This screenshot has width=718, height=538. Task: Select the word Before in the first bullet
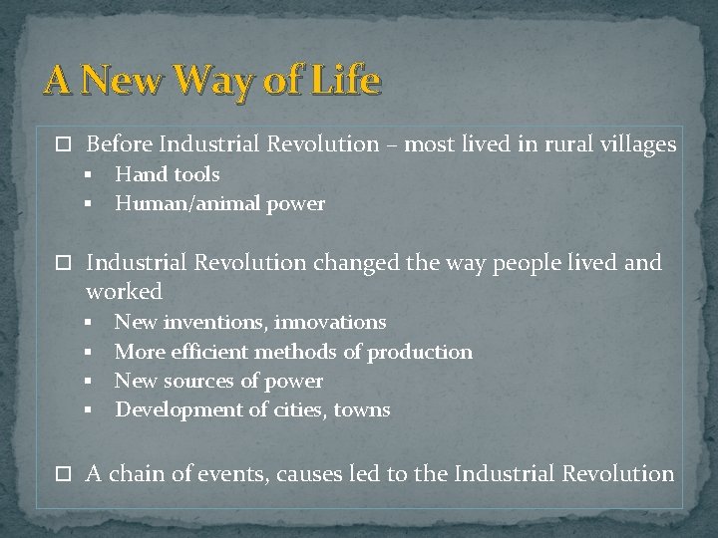point(119,144)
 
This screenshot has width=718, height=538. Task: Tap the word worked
point(124,291)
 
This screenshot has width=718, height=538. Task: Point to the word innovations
point(330,322)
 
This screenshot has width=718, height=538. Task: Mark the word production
point(420,352)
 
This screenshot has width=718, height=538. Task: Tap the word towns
point(362,409)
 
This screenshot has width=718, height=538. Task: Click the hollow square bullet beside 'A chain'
point(66,475)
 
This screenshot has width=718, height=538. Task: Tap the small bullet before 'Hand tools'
point(88,174)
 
